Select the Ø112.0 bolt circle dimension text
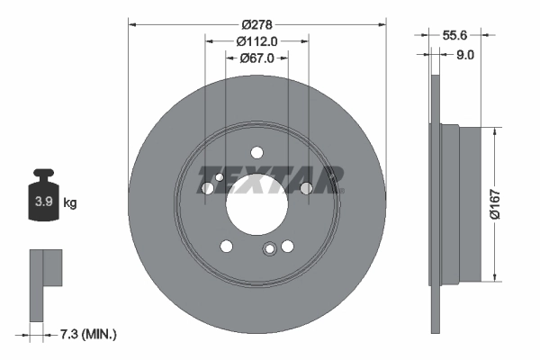coord(256,41)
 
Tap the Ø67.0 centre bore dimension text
coord(256,58)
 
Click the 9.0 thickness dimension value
coord(465,54)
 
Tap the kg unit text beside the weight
coord(70,203)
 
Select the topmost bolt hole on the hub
coord(256,152)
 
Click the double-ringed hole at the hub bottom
coord(268,251)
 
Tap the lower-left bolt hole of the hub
coord(226,246)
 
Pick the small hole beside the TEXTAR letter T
coord(209,188)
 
